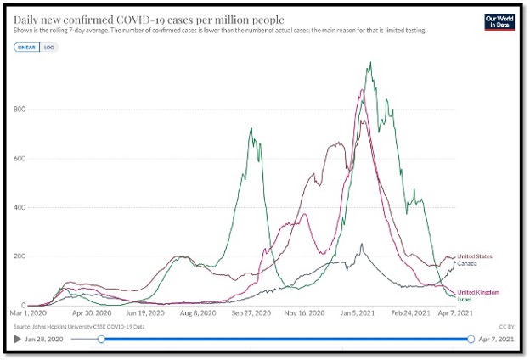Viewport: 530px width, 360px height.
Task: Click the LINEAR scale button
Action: (27, 47)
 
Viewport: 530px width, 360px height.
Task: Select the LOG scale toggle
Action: (48, 47)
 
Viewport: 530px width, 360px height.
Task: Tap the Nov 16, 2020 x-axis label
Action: (305, 313)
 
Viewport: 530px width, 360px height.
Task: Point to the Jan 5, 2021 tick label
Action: (360, 313)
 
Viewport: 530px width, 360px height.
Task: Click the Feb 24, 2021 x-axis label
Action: (414, 313)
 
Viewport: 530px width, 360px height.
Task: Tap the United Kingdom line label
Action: (478, 292)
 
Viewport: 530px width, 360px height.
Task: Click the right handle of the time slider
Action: (471, 339)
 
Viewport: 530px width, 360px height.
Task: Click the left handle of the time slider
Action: (102, 339)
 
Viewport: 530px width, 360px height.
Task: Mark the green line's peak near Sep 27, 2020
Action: (251, 129)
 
